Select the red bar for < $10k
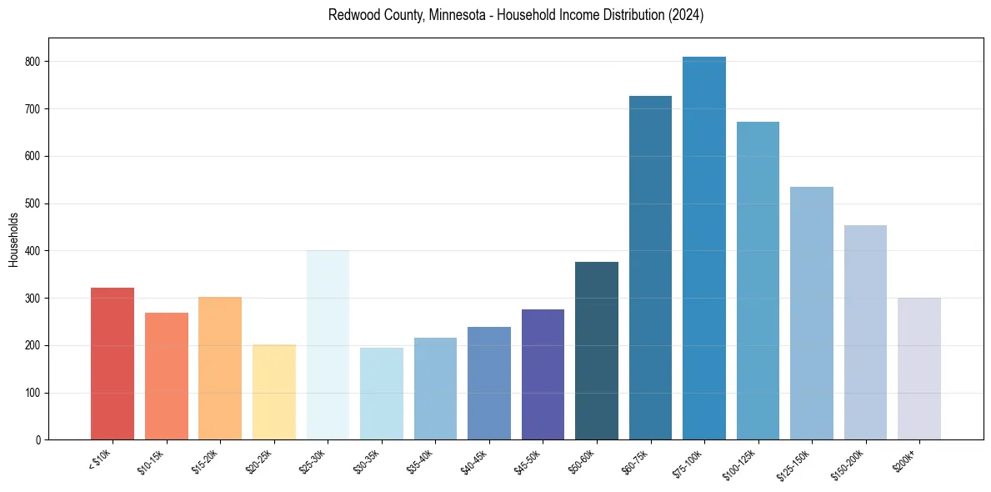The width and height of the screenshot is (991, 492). point(113,364)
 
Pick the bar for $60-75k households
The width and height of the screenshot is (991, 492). point(650,268)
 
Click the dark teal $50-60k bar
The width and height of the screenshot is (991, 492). point(597,351)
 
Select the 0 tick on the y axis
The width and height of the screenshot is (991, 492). point(39,439)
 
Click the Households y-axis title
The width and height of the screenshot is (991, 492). point(13,239)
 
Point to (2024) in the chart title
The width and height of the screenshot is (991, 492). point(685,16)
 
